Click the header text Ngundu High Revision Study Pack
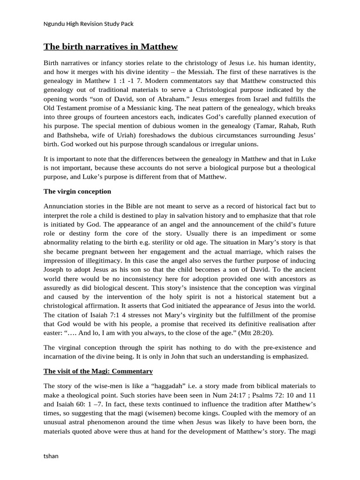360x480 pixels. pos(91,23)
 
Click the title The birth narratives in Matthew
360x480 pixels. pos(111,46)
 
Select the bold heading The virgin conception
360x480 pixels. pos(77,191)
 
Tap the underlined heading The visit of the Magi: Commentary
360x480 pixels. pos(98,371)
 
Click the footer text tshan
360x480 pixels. pos(51,456)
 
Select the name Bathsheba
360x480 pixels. pos(73,143)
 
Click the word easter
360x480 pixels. pos(54,333)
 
